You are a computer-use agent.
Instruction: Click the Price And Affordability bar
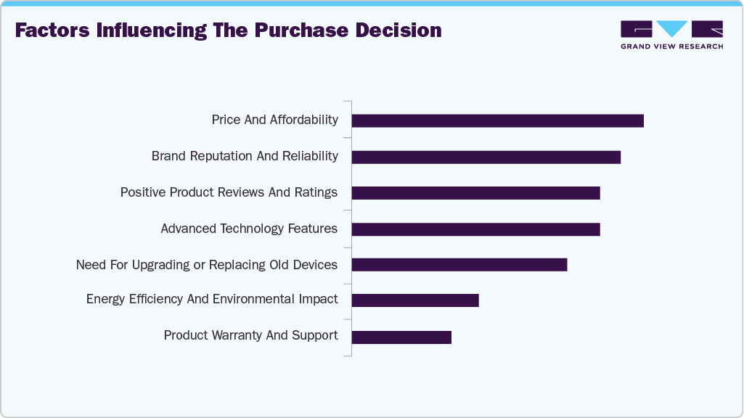coord(497,120)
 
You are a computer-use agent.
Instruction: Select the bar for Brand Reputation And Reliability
coord(486,157)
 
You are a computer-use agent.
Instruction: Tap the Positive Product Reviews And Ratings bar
coord(475,193)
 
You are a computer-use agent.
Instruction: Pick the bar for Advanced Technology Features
coord(475,229)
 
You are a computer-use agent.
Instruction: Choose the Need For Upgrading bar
coord(459,264)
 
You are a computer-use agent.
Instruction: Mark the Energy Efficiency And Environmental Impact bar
coord(415,300)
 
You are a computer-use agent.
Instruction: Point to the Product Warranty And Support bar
coord(401,337)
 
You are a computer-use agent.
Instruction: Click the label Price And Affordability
coord(274,120)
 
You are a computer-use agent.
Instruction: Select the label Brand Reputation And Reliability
coord(245,156)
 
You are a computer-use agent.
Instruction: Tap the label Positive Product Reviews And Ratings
coord(229,192)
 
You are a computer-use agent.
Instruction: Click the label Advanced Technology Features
coord(249,229)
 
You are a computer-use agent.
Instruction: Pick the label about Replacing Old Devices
coord(207,265)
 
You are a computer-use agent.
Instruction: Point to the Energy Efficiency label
coord(212,299)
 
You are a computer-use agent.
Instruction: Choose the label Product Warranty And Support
coord(250,335)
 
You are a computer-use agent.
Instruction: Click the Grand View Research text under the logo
coord(671,46)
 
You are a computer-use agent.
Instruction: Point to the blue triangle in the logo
coord(672,28)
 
